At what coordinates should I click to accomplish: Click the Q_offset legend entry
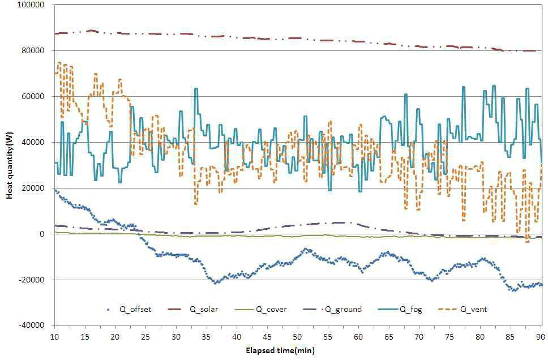click(129, 309)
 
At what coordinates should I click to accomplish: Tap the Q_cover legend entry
click(260, 309)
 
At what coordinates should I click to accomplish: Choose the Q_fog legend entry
click(400, 309)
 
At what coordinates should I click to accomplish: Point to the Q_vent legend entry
click(463, 309)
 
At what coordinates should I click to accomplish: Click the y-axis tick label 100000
click(32, 5)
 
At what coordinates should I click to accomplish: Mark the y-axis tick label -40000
click(32, 325)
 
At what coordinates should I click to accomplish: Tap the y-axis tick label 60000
click(34, 96)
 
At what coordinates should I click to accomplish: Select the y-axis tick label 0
click(42, 234)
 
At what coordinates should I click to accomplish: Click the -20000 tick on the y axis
click(32, 280)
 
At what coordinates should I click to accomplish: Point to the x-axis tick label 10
click(54, 337)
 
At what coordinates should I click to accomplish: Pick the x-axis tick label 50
click(297, 337)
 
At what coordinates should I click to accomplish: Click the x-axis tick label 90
click(541, 337)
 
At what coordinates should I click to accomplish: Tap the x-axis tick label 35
click(206, 337)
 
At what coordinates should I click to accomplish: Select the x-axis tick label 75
click(449, 337)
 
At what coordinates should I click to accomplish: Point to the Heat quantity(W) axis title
click(10, 165)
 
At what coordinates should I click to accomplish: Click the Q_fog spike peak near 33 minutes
click(196, 88)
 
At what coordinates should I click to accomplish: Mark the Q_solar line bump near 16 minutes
click(92, 31)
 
